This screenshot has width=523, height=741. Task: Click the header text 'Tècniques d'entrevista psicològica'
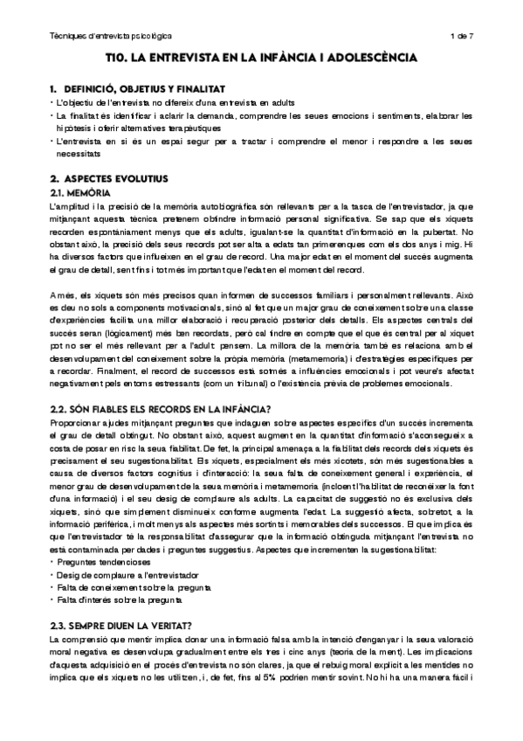pyautogui.click(x=110, y=36)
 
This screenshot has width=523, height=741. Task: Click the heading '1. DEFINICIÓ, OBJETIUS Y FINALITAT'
pyautogui.click(x=138, y=89)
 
